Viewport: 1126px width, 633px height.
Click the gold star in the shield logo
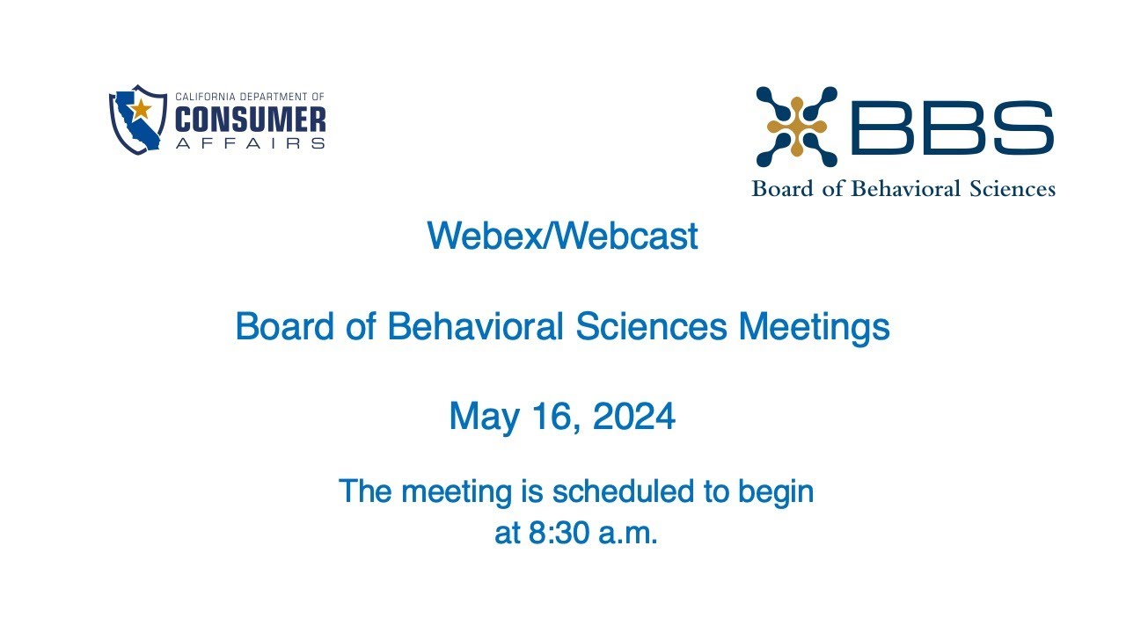click(142, 109)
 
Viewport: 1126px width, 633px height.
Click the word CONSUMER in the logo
click(251, 120)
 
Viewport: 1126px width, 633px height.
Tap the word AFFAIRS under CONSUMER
click(251, 142)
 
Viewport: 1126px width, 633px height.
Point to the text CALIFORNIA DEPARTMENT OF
click(251, 97)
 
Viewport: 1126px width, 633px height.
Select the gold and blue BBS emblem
click(796, 127)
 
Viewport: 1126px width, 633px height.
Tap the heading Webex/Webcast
click(562, 236)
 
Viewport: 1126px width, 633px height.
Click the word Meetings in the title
click(814, 328)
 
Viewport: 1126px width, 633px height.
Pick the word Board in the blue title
click(284, 328)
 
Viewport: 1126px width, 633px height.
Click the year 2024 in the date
click(633, 416)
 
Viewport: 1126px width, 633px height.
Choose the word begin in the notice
click(775, 492)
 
